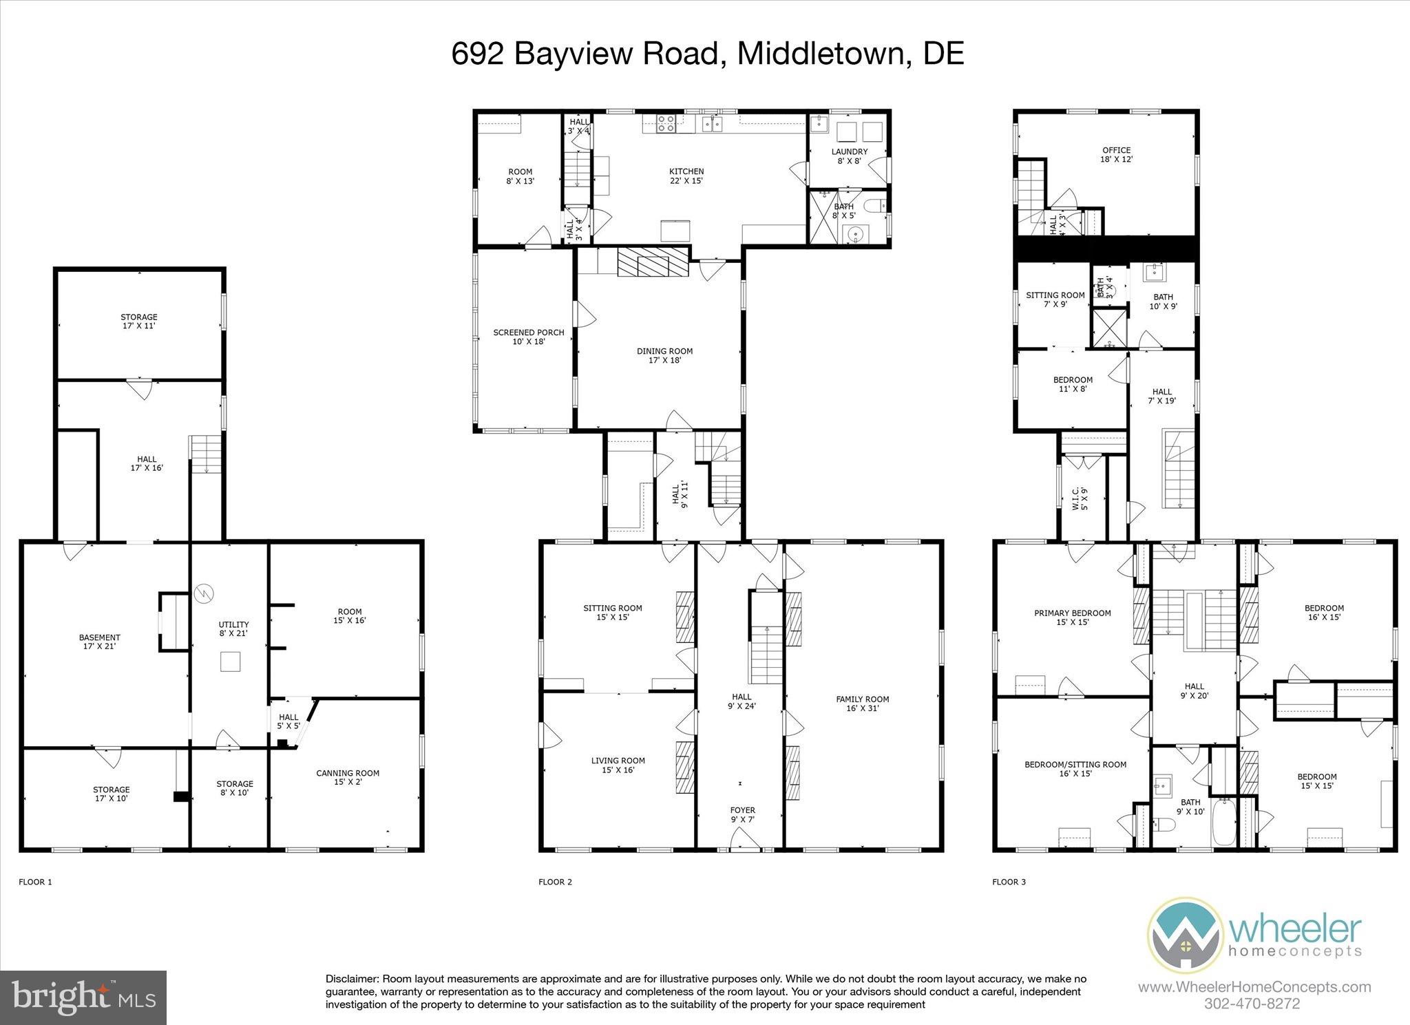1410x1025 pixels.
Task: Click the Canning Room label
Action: (x=348, y=777)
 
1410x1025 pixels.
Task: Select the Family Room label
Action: (x=863, y=703)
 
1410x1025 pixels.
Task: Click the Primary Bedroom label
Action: (x=1073, y=617)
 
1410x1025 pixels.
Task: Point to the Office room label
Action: (x=1117, y=154)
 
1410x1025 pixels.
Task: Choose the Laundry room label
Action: (x=849, y=156)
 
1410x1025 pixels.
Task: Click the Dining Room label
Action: (x=664, y=355)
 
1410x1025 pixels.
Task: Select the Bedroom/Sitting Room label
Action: (x=1075, y=768)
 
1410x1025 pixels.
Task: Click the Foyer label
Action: (x=742, y=814)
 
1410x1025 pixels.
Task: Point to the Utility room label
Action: (x=233, y=628)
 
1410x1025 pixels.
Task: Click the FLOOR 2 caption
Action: (x=555, y=882)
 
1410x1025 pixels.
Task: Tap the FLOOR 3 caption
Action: (x=1009, y=882)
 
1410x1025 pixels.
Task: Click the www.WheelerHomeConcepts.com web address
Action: (x=1254, y=987)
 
